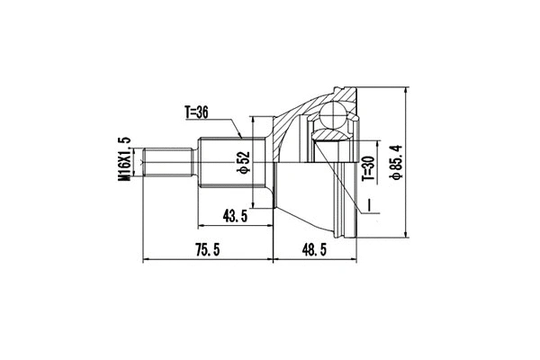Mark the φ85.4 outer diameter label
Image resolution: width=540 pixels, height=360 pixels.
click(394, 163)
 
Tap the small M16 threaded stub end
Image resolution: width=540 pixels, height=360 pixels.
click(170, 163)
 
